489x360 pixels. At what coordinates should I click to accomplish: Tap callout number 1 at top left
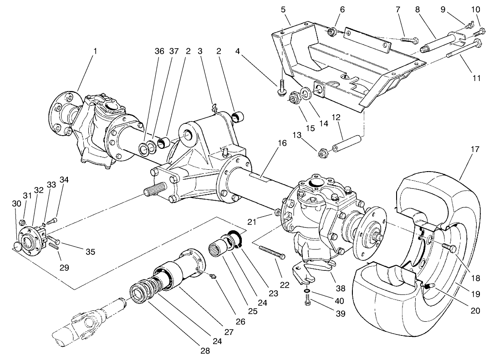click(x=95, y=51)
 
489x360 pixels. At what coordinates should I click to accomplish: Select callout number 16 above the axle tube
click(x=282, y=143)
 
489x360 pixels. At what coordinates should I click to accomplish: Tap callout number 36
click(x=159, y=51)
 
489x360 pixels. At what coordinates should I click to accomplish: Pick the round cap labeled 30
click(x=17, y=247)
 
